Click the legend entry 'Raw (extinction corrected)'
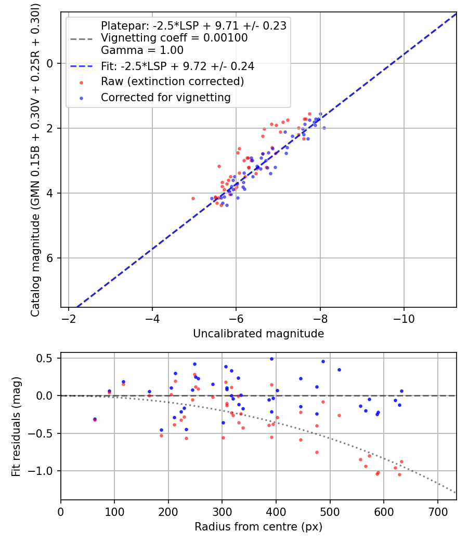172,81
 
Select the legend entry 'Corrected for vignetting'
165,97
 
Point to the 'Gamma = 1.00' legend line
142,50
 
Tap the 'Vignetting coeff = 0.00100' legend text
174,38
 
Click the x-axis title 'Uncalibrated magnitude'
258,334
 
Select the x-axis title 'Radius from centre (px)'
258,527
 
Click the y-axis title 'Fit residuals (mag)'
16,426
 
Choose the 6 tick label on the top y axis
50,258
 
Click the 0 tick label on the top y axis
50,63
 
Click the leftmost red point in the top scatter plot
193,198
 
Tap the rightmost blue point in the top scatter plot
324,128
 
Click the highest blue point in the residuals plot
271,359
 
